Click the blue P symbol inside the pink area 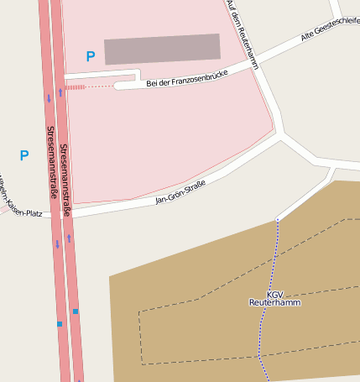pyautogui.click(x=91, y=56)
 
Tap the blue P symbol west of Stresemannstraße pyautogui.click(x=24, y=155)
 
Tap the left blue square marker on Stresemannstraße pyautogui.click(x=60, y=323)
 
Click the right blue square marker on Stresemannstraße pyautogui.click(x=76, y=311)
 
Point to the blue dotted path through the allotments pyautogui.click(x=270, y=277)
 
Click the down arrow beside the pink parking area pyautogui.click(x=49, y=98)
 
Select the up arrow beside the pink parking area pyautogui.click(x=60, y=92)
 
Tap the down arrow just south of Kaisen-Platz pyautogui.click(x=57, y=244)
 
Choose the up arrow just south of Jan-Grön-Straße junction pyautogui.click(x=69, y=238)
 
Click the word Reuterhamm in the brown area pyautogui.click(x=274, y=302)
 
